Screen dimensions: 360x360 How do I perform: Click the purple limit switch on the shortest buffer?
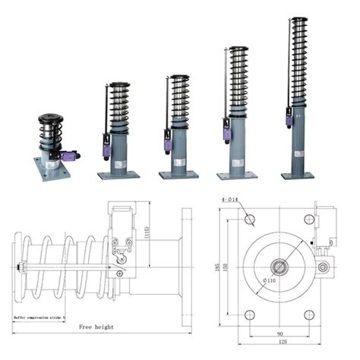point(69,156)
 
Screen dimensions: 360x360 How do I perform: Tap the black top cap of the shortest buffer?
point(52,118)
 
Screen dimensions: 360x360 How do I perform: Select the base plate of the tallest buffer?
point(297,175)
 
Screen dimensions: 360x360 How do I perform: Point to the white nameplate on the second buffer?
point(122,162)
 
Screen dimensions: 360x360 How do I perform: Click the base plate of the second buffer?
point(118,175)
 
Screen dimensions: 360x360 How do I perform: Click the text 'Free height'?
point(96,327)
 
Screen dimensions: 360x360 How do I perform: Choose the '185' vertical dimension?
point(218,267)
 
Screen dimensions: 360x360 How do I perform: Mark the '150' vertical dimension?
point(226,267)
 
